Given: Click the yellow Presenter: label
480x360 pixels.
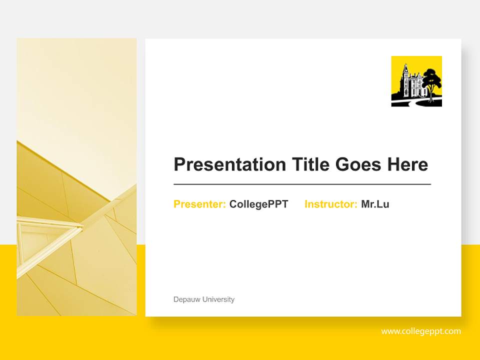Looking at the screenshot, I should click(x=199, y=204).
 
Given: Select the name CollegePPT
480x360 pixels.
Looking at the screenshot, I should click(x=258, y=204).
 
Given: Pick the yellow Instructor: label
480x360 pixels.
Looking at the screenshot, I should click(x=330, y=204).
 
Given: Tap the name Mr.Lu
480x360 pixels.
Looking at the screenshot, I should click(x=375, y=204).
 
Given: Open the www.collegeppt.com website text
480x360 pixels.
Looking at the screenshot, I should click(x=421, y=331).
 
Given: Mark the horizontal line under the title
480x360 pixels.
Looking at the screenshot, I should click(x=302, y=184).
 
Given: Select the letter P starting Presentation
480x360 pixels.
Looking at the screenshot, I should click(x=179, y=164).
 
